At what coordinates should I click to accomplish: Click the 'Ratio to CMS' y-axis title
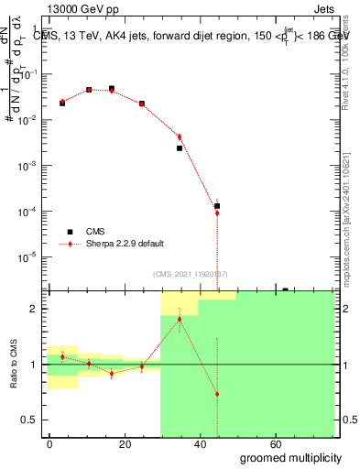tap(14, 364)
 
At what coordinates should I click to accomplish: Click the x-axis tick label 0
tap(49, 442)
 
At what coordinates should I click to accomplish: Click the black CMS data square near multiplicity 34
tap(180, 147)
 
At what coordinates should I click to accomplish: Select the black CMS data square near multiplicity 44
tap(217, 206)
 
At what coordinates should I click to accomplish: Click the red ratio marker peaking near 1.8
tap(180, 319)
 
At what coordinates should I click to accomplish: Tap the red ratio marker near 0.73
tap(217, 394)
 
